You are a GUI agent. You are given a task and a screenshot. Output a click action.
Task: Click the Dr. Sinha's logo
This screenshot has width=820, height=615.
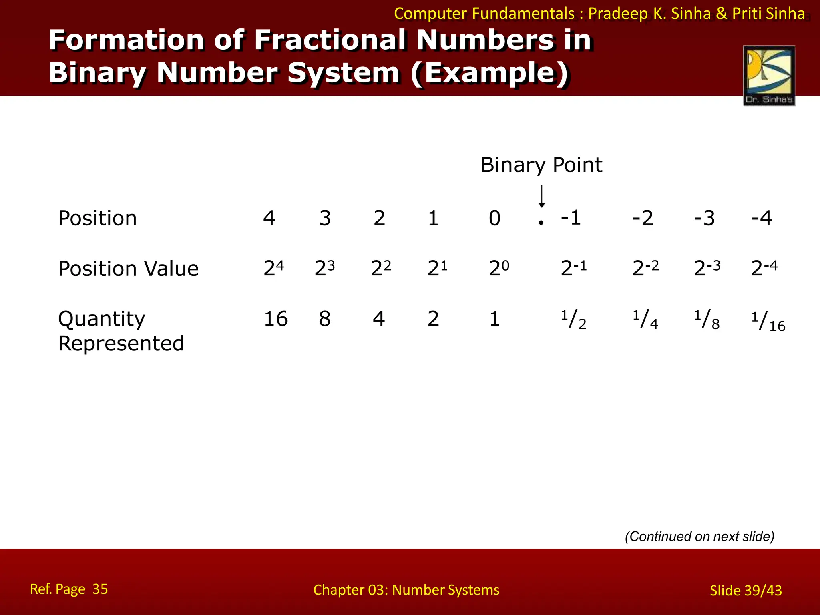click(x=768, y=75)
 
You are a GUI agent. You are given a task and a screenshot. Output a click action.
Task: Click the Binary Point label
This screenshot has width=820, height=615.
click(x=541, y=165)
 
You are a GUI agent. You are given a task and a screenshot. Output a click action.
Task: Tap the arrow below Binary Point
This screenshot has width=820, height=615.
click(x=541, y=196)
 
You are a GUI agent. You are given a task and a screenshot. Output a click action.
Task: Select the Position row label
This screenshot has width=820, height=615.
click(x=97, y=219)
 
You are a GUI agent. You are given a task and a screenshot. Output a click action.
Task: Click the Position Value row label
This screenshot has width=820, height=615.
click(x=128, y=269)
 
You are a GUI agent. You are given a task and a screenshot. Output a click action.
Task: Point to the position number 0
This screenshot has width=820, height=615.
click(x=494, y=219)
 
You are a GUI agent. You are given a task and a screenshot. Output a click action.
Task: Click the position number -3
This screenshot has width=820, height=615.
click(x=704, y=219)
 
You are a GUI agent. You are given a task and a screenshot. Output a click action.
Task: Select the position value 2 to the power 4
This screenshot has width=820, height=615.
click(x=273, y=268)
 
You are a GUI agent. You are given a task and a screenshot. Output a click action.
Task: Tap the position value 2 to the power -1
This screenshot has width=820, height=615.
click(x=573, y=268)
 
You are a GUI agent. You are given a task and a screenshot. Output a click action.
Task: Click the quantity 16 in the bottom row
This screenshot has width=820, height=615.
click(x=275, y=319)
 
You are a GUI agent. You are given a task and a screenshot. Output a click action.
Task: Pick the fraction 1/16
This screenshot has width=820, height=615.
click(x=768, y=322)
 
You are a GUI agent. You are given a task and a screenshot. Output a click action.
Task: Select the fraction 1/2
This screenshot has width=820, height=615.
click(x=573, y=320)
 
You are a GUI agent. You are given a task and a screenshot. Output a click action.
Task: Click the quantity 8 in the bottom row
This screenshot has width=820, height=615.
click(x=325, y=319)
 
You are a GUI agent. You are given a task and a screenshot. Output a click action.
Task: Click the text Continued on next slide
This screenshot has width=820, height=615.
click(x=699, y=537)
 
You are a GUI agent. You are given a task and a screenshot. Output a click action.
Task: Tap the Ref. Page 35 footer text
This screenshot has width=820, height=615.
click(x=69, y=589)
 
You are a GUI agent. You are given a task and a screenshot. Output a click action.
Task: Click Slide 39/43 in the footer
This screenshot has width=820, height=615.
click(x=746, y=591)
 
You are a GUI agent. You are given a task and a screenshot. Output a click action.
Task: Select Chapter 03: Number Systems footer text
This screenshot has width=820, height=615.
click(x=406, y=590)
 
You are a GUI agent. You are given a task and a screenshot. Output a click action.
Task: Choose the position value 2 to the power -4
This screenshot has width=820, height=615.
click(x=764, y=268)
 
